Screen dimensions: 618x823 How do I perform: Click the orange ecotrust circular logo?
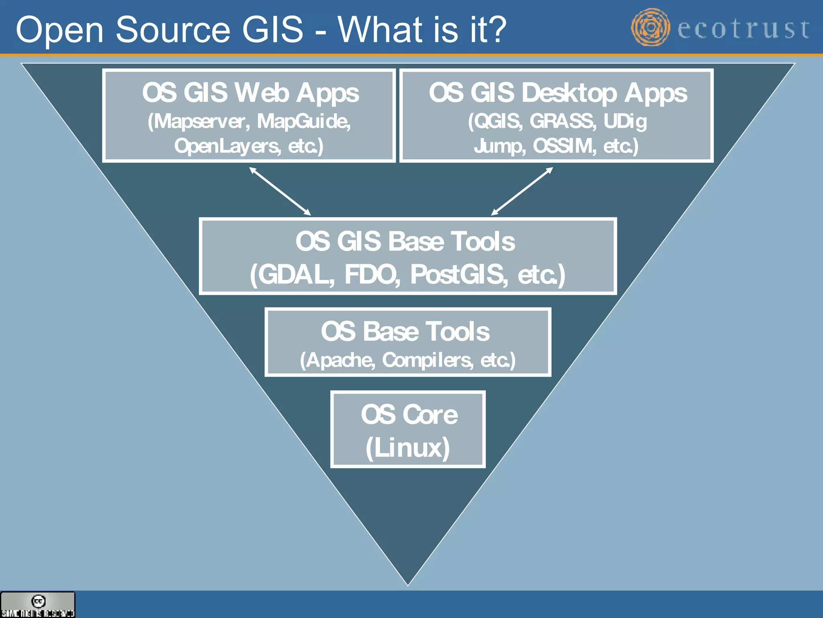(650, 27)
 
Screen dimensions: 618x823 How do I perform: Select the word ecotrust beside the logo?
(743, 29)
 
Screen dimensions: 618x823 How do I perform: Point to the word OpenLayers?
(227, 146)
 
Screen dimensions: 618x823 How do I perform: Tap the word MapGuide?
(304, 121)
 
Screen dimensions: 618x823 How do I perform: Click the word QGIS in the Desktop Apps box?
(497, 121)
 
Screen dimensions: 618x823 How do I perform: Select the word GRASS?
(562, 121)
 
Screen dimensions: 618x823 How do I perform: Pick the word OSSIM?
(564, 146)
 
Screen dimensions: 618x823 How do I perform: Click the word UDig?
(625, 121)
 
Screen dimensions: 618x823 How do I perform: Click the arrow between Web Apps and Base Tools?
(280, 191)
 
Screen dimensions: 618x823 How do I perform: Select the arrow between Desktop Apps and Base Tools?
(522, 191)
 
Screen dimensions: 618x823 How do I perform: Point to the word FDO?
(372, 275)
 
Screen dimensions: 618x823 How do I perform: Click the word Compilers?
(427, 360)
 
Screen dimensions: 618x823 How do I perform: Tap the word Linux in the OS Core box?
(407, 447)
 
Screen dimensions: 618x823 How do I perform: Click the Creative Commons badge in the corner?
(38, 604)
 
